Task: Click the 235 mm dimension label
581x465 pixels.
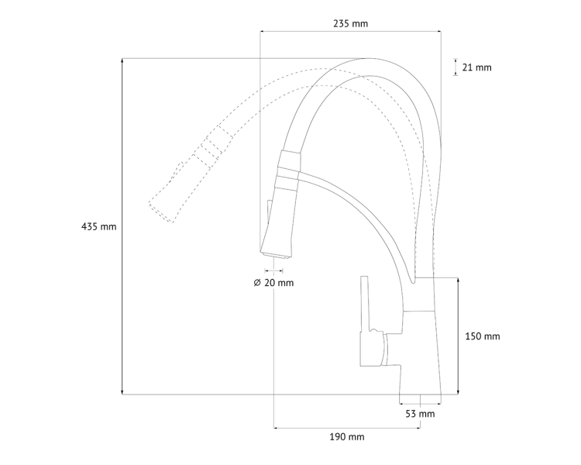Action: [x=350, y=23]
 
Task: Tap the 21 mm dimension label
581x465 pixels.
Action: [x=476, y=67]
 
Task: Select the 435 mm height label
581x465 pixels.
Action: [x=98, y=226]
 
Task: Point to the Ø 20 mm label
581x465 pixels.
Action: [x=273, y=283]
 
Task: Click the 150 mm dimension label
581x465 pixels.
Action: [x=482, y=336]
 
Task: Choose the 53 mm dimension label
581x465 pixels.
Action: [x=420, y=414]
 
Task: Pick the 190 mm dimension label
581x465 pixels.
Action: [x=346, y=437]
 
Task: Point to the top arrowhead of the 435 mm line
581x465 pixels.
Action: [x=122, y=60]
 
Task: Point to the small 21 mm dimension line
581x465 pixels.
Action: [x=455, y=67]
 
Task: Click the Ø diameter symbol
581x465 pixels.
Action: [x=257, y=283]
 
